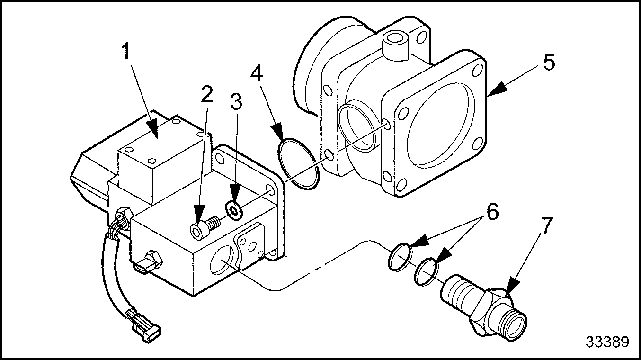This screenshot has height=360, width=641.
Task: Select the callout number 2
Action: [x=206, y=95]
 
